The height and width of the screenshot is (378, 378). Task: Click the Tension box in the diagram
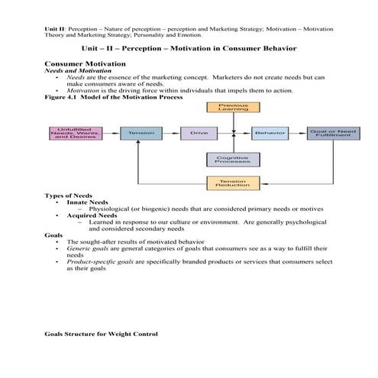(141, 133)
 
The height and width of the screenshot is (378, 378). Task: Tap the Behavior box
(270, 133)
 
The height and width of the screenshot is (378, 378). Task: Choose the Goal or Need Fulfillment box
(332, 133)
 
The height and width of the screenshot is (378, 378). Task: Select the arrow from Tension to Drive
(171, 133)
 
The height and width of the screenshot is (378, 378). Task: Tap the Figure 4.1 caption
(102, 97)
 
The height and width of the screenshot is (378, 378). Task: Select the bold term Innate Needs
(89, 202)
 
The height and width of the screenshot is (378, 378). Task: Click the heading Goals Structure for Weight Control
(101, 334)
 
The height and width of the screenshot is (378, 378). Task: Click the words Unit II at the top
(56, 28)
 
